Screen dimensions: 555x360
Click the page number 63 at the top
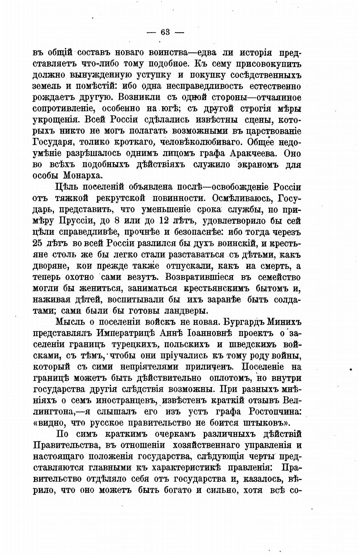[x=165, y=32]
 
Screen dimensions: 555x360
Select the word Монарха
[x=84, y=175]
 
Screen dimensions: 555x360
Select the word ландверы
[x=185, y=311]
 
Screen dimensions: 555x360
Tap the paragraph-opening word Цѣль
[x=66, y=187]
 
